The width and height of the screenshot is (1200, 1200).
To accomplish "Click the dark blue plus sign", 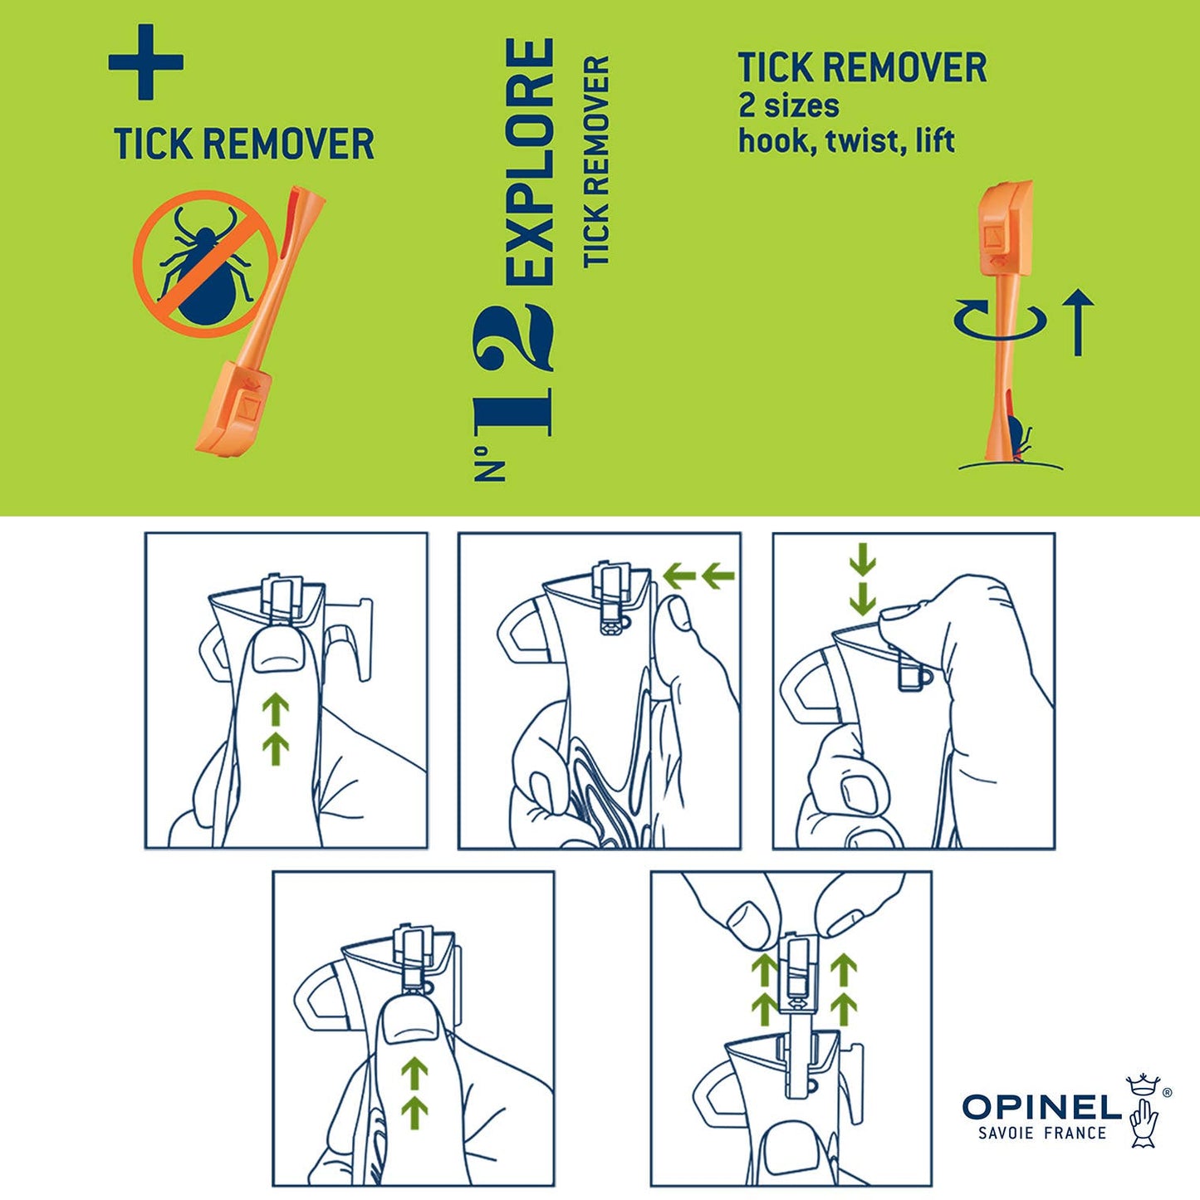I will pos(145,62).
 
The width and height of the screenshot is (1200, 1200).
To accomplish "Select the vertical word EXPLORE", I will pos(530,162).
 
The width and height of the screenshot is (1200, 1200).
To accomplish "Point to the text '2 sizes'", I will pos(788,105).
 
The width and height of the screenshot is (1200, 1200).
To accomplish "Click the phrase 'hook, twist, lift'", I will pos(846,140).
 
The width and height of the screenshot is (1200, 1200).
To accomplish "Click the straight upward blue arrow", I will pos(1078,322).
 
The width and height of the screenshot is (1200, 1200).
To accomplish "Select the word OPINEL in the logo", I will pos(1041,1106).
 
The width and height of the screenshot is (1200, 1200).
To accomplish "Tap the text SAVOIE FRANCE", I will pos(1042,1133).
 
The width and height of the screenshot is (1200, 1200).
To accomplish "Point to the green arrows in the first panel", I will pos(276,729).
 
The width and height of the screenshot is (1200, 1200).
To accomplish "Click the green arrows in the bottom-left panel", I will pos(414,1093).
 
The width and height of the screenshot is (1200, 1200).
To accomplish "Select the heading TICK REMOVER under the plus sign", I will pos(244,144).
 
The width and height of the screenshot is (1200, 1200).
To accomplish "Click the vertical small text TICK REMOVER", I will pos(597,162).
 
